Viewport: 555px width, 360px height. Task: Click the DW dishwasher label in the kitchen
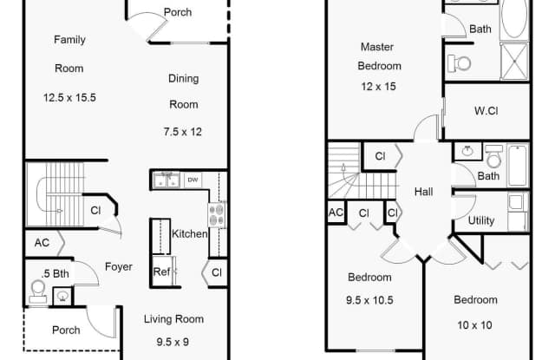tap(193, 180)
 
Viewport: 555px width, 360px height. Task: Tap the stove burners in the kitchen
tap(216, 214)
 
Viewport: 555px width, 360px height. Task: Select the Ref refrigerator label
tap(162, 272)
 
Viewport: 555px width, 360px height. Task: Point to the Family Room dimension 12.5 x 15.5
tap(69, 98)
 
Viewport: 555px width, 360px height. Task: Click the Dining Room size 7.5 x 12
tap(183, 132)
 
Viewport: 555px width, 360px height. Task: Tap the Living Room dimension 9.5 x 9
tap(173, 343)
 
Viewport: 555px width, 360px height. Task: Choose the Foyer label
tap(119, 266)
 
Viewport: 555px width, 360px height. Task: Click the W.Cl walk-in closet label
tap(486, 111)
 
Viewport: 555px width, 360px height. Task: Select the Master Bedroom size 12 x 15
tap(378, 87)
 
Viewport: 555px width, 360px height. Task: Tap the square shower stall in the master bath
tap(514, 62)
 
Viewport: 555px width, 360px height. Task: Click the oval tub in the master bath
tap(514, 19)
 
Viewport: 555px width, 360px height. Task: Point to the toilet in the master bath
tap(459, 64)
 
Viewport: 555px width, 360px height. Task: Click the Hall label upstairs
tap(424, 192)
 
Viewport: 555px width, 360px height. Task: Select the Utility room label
tap(481, 220)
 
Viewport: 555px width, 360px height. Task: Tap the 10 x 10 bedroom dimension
tap(474, 325)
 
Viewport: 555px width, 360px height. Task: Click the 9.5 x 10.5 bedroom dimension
tap(369, 300)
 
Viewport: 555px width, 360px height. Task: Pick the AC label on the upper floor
tap(336, 213)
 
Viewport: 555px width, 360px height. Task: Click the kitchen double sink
tap(166, 180)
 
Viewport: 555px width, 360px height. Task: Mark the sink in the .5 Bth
tap(62, 296)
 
